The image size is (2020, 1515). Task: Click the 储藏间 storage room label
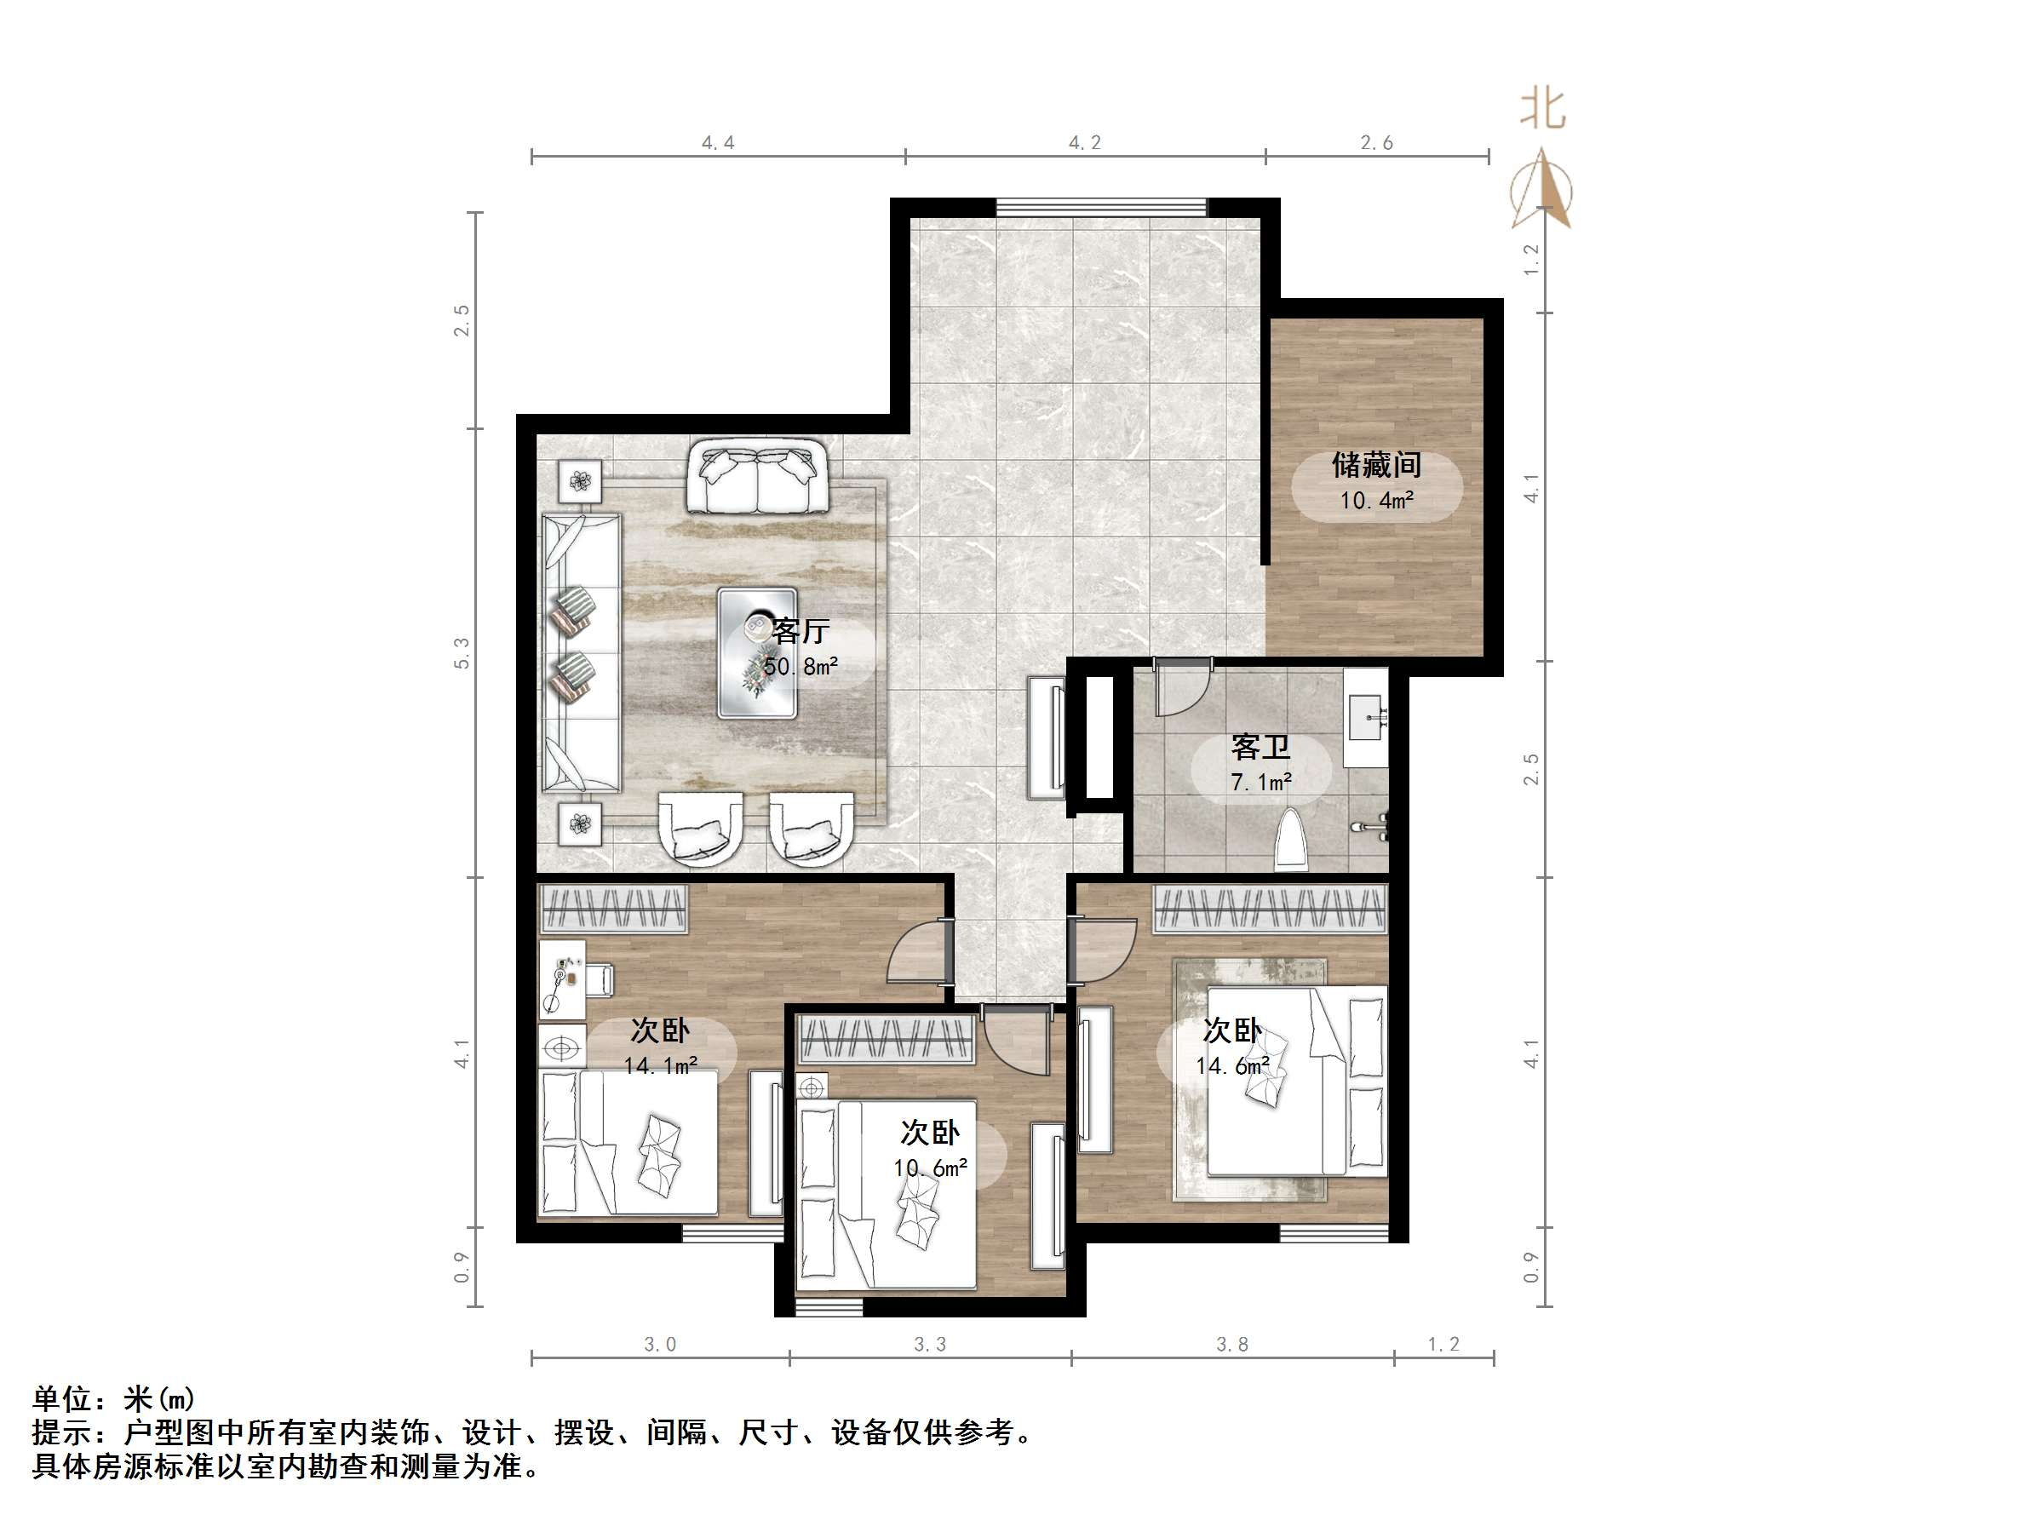click(1376, 466)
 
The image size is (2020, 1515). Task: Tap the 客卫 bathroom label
click(1260, 747)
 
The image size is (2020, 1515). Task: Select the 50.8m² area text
click(800, 667)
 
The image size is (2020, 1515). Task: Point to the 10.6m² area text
click(930, 1168)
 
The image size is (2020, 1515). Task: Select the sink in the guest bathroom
click(1366, 717)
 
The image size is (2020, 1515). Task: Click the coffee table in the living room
click(757, 653)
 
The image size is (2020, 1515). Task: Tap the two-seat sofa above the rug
click(757, 476)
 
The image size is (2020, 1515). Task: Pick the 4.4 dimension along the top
click(718, 142)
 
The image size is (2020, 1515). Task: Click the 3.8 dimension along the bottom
click(1232, 1344)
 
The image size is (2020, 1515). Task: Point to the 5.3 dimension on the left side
click(462, 653)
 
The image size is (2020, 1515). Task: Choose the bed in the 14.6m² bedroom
click(1297, 1082)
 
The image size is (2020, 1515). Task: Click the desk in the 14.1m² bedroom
click(561, 979)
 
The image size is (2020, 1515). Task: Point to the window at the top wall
click(1100, 207)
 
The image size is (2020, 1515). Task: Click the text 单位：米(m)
click(114, 1399)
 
